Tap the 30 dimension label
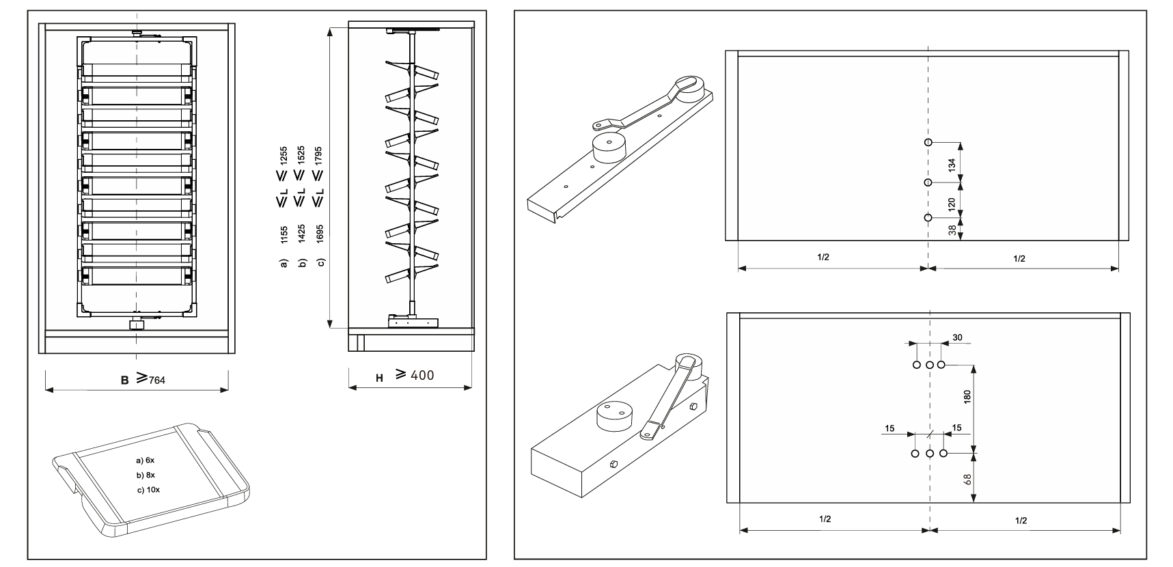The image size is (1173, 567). (956, 337)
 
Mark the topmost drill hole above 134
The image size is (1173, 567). (928, 142)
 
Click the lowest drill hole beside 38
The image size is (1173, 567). (928, 217)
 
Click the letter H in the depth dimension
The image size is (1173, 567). (379, 377)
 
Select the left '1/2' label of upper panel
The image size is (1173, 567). (823, 258)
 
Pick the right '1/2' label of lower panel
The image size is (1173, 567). (1021, 521)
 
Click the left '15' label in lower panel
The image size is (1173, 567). (889, 428)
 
